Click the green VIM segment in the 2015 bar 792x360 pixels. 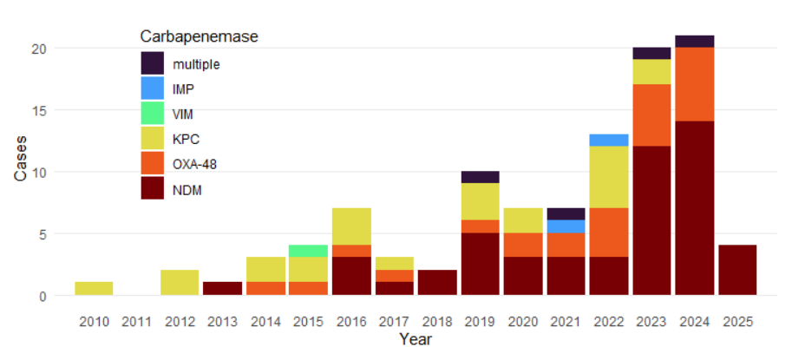pos(309,252)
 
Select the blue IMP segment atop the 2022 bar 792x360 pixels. pos(609,141)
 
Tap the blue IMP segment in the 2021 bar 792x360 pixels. pos(566,226)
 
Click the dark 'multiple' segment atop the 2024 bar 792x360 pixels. pos(695,42)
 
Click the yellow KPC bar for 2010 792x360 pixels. pos(95,289)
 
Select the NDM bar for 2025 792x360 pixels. pos(737,271)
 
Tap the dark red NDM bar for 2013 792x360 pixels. pos(223,289)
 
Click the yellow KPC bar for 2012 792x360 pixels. pos(180,283)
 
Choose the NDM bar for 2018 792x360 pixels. pos(437,283)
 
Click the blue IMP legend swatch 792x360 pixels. pos(153,88)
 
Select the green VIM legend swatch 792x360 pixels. pos(153,113)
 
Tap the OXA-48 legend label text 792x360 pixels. pos(194,163)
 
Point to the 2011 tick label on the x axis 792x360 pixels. pos(137,322)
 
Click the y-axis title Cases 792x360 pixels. pos(20,160)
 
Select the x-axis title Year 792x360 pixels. pos(416,340)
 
